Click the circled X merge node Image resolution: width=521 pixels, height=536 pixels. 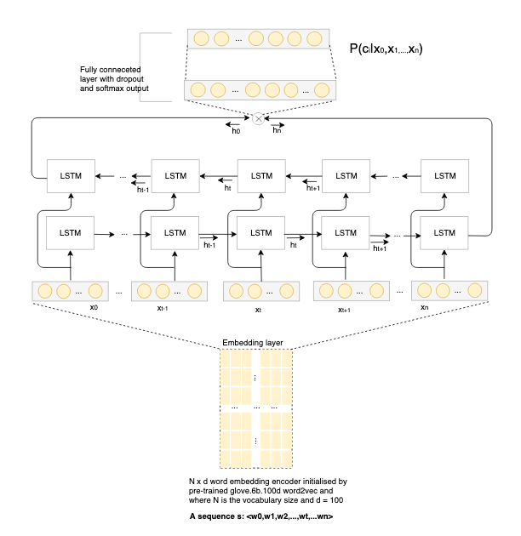coord(259,118)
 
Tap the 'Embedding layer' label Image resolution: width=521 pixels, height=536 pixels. coord(253,342)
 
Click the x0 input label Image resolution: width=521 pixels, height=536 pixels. coord(71,308)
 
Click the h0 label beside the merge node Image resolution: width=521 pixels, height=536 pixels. coord(236,131)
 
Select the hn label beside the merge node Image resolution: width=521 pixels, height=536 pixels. coord(278,131)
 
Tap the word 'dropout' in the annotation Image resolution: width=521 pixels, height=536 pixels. coord(135,78)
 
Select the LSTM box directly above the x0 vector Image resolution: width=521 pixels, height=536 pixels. coord(70,232)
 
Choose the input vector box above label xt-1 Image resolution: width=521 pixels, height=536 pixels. coord(166,291)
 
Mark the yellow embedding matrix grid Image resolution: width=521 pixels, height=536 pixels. coord(255,408)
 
